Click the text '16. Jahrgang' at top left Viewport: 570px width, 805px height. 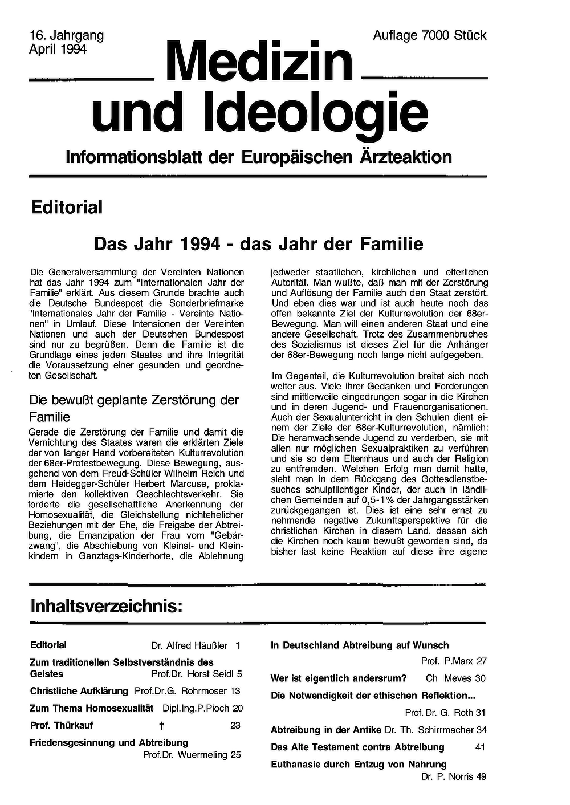[x=66, y=35]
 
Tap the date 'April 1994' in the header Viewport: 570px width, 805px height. [x=58, y=49]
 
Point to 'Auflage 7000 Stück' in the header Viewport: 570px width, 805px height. [x=429, y=35]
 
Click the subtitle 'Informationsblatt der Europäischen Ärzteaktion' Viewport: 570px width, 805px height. [x=259, y=157]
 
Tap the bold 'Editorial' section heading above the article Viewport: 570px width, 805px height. [x=67, y=208]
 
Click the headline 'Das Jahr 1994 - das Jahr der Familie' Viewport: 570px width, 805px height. [x=258, y=244]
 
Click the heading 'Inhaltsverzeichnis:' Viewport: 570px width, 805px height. [x=107, y=607]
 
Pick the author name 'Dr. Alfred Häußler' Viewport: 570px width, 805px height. [x=189, y=646]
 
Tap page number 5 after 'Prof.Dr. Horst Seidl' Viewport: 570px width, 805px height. [x=239, y=674]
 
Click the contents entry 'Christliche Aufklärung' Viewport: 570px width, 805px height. [x=79, y=691]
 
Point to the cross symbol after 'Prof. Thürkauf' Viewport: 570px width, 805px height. [x=162, y=726]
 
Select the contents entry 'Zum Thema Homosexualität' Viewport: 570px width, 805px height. [x=92, y=708]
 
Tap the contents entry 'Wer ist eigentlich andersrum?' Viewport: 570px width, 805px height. [x=339, y=678]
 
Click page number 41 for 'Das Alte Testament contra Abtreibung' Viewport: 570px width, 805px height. [x=480, y=747]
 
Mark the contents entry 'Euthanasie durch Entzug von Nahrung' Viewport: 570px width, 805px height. [x=359, y=764]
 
